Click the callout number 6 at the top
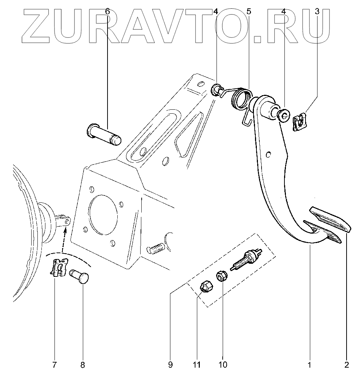coord(107,11)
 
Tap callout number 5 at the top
coord(248,11)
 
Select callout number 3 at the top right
coord(317,11)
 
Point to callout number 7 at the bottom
coord(55,364)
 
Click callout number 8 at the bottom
coord(82,364)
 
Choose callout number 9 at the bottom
coord(170,364)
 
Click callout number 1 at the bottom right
coord(310,364)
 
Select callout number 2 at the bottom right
coord(347,364)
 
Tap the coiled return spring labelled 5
coord(240,98)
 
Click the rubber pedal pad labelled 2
coord(331,219)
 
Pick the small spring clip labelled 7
coord(57,268)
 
